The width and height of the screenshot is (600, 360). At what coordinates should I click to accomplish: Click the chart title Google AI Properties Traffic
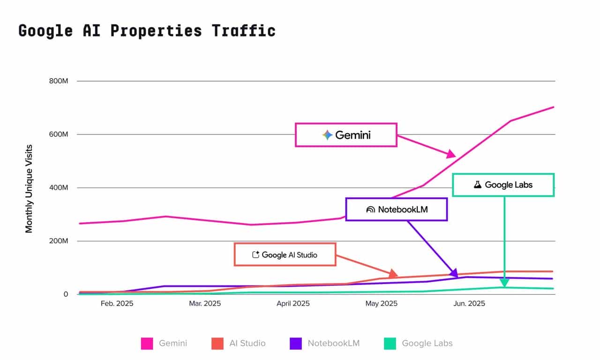click(x=147, y=30)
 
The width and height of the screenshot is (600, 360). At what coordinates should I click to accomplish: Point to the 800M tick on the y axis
click(x=59, y=81)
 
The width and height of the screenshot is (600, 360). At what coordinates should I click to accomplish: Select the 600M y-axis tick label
click(x=59, y=135)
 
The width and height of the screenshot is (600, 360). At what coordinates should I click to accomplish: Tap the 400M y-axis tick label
click(x=59, y=188)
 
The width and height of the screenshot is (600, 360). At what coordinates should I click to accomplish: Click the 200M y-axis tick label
click(x=59, y=241)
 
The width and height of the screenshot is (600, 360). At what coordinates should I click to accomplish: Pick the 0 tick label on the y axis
click(x=66, y=294)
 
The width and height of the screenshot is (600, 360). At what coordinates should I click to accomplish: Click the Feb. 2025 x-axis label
click(x=117, y=304)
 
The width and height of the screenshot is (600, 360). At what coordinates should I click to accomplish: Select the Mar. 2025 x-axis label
click(x=205, y=304)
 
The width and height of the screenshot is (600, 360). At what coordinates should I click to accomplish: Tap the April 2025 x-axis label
click(x=293, y=304)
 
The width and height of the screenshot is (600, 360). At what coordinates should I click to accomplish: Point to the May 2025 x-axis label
click(x=381, y=304)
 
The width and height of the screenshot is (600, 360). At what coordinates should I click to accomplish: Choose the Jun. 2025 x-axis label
click(x=469, y=304)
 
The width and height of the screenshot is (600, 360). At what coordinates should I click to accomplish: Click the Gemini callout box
click(x=346, y=135)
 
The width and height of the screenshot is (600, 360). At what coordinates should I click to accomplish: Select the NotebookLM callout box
click(x=397, y=210)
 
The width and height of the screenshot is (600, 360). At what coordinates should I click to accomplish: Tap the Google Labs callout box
click(x=503, y=185)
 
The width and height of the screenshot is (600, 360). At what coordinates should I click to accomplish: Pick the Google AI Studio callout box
click(x=285, y=255)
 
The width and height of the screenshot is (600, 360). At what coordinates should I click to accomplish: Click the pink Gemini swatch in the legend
click(x=147, y=344)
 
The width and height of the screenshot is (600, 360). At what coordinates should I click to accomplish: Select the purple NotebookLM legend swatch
click(x=296, y=344)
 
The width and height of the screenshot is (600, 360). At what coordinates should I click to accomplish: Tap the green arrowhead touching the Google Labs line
click(x=504, y=282)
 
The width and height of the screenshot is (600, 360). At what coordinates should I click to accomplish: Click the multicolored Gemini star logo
click(x=327, y=135)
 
